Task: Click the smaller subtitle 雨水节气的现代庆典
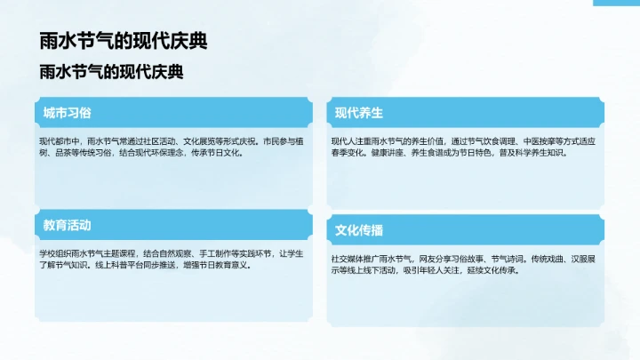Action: [111, 72]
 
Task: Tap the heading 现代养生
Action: [358, 113]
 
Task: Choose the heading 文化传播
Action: [358, 230]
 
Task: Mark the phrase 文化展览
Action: [202, 140]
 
